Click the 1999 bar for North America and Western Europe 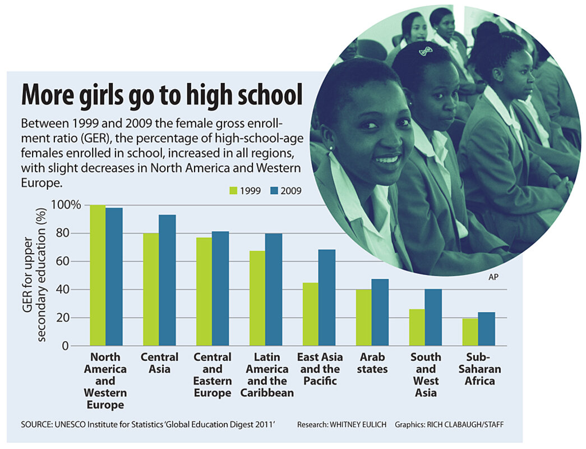(98, 275)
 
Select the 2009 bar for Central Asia (167, 280)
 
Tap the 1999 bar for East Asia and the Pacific (311, 314)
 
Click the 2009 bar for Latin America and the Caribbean (274, 290)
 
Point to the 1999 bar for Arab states (364, 317)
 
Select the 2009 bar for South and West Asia (433, 317)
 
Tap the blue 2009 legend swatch (274, 191)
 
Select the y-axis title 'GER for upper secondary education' (35, 275)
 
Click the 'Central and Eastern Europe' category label (213, 375)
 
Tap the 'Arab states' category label (372, 363)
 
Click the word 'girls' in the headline (103, 94)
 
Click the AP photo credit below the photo (493, 277)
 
